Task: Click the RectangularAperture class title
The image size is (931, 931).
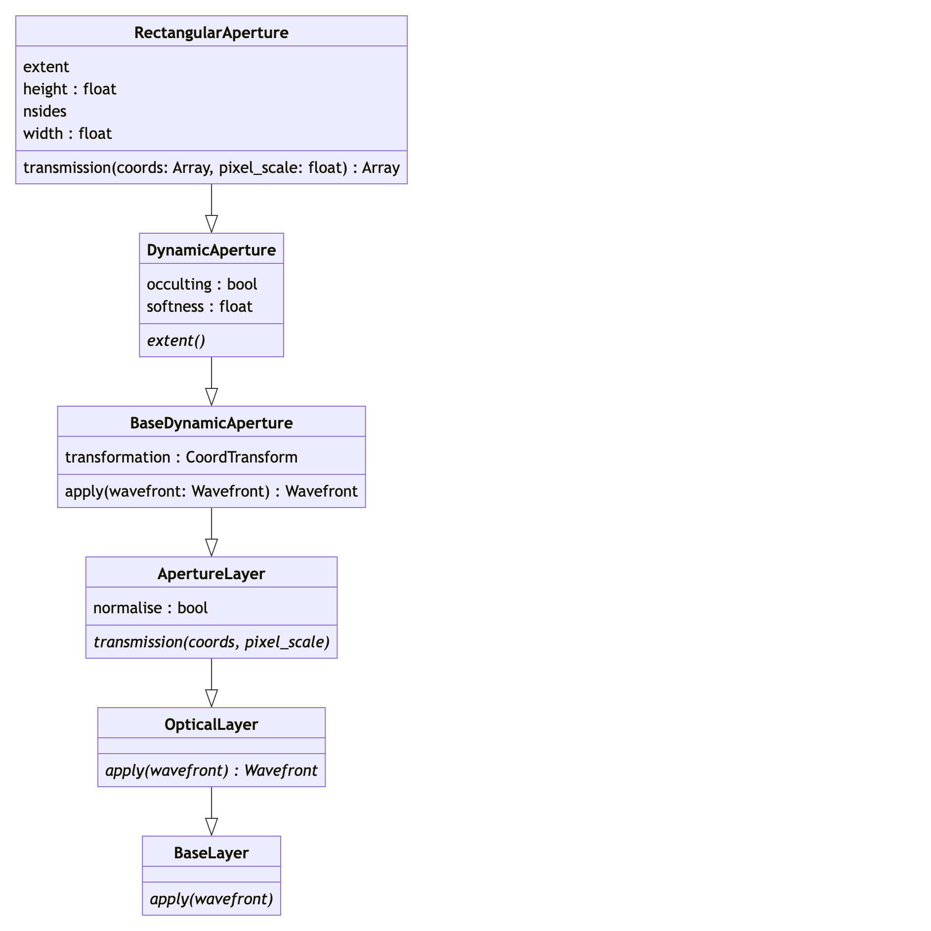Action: [211, 33]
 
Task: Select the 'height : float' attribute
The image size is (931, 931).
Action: [70, 89]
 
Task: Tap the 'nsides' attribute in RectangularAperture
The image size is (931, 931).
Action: [44, 111]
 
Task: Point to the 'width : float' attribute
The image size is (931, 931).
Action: [67, 133]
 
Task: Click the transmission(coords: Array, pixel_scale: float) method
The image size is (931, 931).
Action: [211, 168]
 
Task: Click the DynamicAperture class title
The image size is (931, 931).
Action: [211, 250]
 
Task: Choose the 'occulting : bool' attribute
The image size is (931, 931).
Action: [202, 284]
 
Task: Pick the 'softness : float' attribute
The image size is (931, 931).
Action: [199, 306]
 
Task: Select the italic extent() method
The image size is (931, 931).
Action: [176, 340]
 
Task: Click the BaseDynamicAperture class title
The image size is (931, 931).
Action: [211, 423]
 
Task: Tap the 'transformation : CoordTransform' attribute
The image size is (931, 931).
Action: [181, 457]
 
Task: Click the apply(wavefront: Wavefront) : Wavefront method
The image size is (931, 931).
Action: [211, 491]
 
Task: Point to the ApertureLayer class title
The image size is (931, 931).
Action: [211, 574]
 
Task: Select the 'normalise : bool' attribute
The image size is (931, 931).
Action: [150, 608]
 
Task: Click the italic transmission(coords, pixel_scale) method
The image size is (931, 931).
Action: [211, 642]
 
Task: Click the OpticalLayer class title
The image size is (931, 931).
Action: [211, 724]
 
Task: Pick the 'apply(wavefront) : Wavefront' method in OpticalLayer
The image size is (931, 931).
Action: [211, 770]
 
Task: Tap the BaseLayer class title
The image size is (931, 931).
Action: [211, 853]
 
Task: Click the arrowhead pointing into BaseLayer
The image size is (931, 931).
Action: [212, 827]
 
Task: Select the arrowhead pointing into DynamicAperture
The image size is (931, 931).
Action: [212, 224]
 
